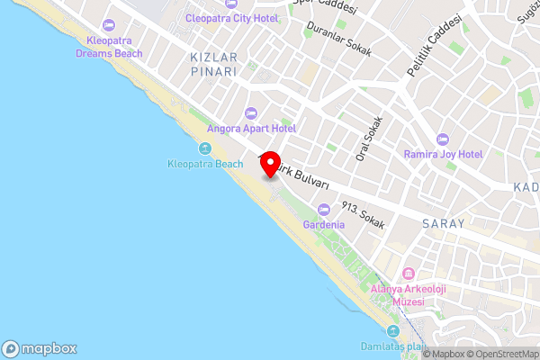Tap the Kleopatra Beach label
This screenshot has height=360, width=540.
click(205, 164)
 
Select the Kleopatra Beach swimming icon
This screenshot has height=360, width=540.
click(205, 148)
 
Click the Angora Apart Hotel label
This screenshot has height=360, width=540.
click(251, 129)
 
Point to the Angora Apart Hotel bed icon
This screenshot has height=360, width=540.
click(251, 113)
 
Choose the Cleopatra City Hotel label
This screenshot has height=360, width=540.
click(231, 18)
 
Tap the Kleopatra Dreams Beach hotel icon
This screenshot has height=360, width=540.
click(110, 24)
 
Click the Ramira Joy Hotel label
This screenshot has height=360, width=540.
click(443, 155)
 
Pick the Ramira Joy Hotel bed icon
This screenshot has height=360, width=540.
click(442, 139)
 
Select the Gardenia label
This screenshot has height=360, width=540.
click(324, 224)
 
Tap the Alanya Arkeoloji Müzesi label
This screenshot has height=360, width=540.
click(397, 295)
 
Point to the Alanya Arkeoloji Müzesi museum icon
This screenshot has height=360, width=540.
click(408, 274)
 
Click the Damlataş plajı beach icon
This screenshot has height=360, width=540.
click(391, 331)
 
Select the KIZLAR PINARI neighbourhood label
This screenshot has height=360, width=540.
click(213, 63)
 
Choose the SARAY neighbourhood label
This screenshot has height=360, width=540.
click(442, 223)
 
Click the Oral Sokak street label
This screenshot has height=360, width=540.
click(370, 139)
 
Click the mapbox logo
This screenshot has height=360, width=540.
click(40, 349)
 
